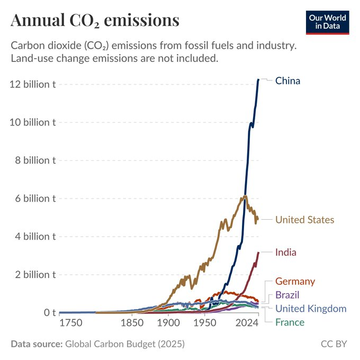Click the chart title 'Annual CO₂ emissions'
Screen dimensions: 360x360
pos(95,20)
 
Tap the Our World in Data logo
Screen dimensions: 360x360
pos(328,22)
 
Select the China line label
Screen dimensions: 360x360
pos(287,81)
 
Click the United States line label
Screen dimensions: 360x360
pos(304,220)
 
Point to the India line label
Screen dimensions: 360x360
pos(285,253)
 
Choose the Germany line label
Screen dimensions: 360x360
pos(295,282)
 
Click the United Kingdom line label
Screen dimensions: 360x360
pos(311,309)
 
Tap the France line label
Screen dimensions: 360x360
pos(290,322)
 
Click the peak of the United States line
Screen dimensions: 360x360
pos(245,196)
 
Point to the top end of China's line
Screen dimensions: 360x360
pos(258,79)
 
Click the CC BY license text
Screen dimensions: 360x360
pos(334,344)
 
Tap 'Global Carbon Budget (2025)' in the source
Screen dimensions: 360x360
pos(124,344)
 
